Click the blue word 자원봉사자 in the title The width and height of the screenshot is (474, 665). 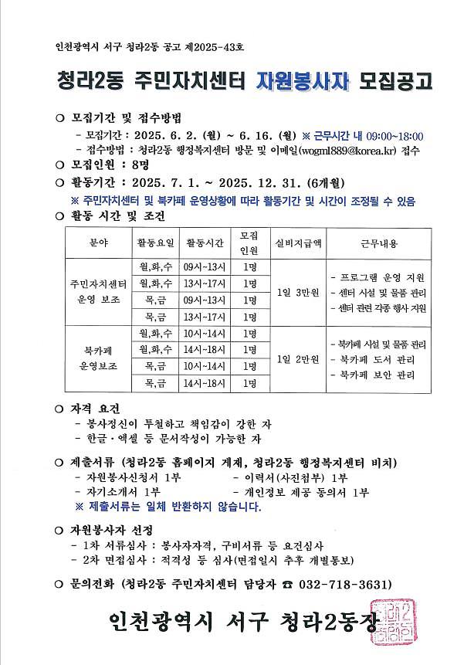click(302, 81)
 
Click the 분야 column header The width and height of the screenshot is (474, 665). click(100, 244)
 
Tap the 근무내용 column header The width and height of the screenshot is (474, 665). click(378, 244)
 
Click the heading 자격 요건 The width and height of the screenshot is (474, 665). click(101, 408)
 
